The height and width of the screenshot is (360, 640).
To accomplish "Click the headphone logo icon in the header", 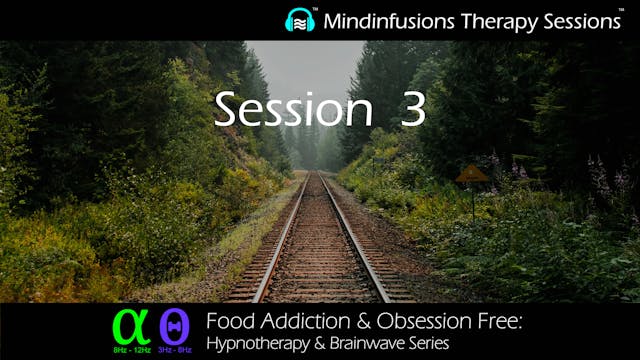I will (x=300, y=20).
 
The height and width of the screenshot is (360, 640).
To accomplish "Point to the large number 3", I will (x=413, y=110).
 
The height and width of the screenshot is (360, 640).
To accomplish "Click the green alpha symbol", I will (x=130, y=325).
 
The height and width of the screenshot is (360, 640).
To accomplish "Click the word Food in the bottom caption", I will (x=228, y=322).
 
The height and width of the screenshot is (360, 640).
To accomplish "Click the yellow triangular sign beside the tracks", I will (x=471, y=174).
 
